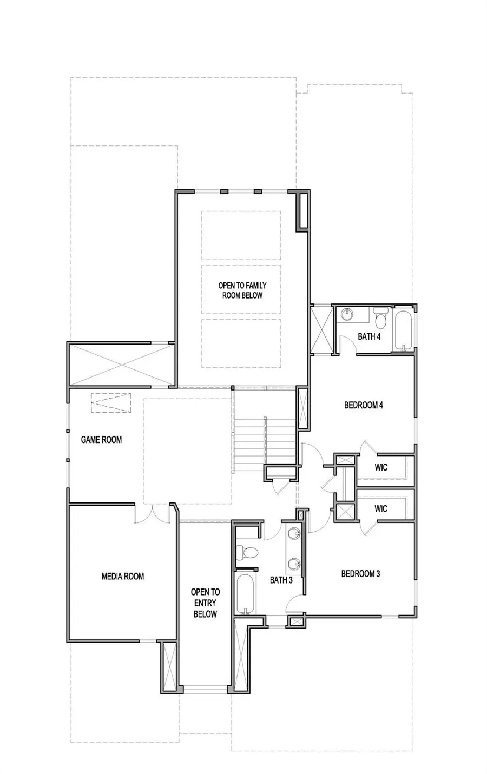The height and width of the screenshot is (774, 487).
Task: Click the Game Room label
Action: pyautogui.click(x=101, y=440)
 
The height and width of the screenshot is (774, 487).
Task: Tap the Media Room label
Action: pyautogui.click(x=123, y=576)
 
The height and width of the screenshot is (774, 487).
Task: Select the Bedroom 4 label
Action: pyautogui.click(x=364, y=405)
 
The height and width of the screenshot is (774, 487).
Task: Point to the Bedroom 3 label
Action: pyautogui.click(x=360, y=573)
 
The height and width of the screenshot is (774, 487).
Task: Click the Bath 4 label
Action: pyautogui.click(x=369, y=336)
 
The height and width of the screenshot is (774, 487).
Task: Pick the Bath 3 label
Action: pyautogui.click(x=281, y=580)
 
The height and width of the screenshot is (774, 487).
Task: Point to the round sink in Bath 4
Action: pyautogui.click(x=347, y=314)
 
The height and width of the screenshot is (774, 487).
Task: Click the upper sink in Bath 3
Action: pyautogui.click(x=294, y=533)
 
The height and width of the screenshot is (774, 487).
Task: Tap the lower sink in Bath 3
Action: pyautogui.click(x=294, y=564)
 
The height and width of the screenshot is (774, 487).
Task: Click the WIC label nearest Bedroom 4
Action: pyautogui.click(x=381, y=467)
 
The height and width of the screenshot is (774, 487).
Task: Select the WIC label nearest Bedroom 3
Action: pyautogui.click(x=381, y=508)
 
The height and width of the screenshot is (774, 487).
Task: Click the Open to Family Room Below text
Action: pyautogui.click(x=242, y=290)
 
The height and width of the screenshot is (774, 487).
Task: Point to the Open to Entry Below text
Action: pyautogui.click(x=205, y=603)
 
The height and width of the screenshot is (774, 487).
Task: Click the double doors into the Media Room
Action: pyautogui.click(x=152, y=515)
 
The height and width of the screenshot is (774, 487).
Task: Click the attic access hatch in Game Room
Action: pyautogui.click(x=111, y=403)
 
